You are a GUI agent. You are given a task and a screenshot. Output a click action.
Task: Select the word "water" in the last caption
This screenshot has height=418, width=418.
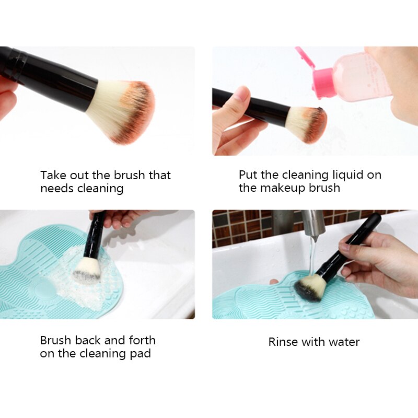click(x=344, y=342)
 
